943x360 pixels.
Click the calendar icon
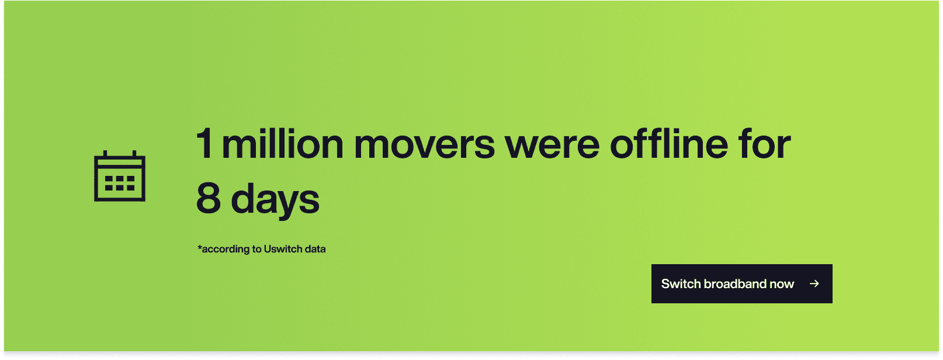120,176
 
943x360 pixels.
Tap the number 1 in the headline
204,143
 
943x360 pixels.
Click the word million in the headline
282,143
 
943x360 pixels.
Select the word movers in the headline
424,146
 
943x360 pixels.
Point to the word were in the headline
552,146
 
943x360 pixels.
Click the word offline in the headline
669,143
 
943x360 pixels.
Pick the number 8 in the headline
209,198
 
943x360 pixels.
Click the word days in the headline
275,200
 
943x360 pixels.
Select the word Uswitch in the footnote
283,249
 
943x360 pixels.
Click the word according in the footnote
226,250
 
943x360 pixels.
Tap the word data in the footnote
316,249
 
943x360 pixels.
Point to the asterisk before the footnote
200,247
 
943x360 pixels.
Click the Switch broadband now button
742,284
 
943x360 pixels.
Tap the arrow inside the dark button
814,284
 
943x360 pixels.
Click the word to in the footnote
257,250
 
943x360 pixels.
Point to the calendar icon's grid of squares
120,183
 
